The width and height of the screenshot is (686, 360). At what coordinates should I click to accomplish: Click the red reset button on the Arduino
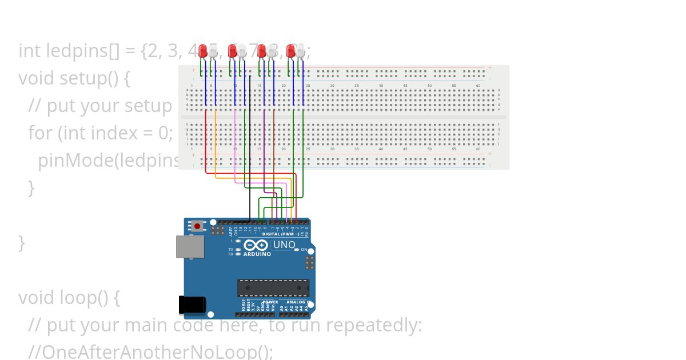click(x=197, y=226)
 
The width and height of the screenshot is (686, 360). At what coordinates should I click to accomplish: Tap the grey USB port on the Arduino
click(x=190, y=246)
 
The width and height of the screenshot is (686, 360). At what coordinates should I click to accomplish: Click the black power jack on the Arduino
click(x=192, y=305)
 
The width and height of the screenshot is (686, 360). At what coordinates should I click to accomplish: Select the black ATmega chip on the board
click(x=273, y=288)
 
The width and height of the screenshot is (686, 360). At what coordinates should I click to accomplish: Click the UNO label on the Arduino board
click(x=284, y=245)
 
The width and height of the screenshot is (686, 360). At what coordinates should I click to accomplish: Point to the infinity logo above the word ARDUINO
click(x=256, y=245)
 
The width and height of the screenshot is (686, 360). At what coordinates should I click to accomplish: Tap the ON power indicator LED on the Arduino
click(x=296, y=250)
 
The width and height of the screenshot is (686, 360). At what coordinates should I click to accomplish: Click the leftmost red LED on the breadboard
click(x=203, y=51)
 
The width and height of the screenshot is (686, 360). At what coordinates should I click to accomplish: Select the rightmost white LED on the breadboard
click(x=301, y=51)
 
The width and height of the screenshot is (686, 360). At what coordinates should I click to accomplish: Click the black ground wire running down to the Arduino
click(x=250, y=149)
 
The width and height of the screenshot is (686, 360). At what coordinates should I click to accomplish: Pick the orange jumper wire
click(x=216, y=143)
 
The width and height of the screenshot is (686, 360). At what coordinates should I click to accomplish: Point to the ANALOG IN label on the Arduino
click(x=298, y=302)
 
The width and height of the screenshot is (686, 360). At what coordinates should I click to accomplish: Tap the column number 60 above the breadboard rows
click(x=478, y=86)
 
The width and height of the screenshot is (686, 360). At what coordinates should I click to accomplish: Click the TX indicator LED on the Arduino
click(x=238, y=250)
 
